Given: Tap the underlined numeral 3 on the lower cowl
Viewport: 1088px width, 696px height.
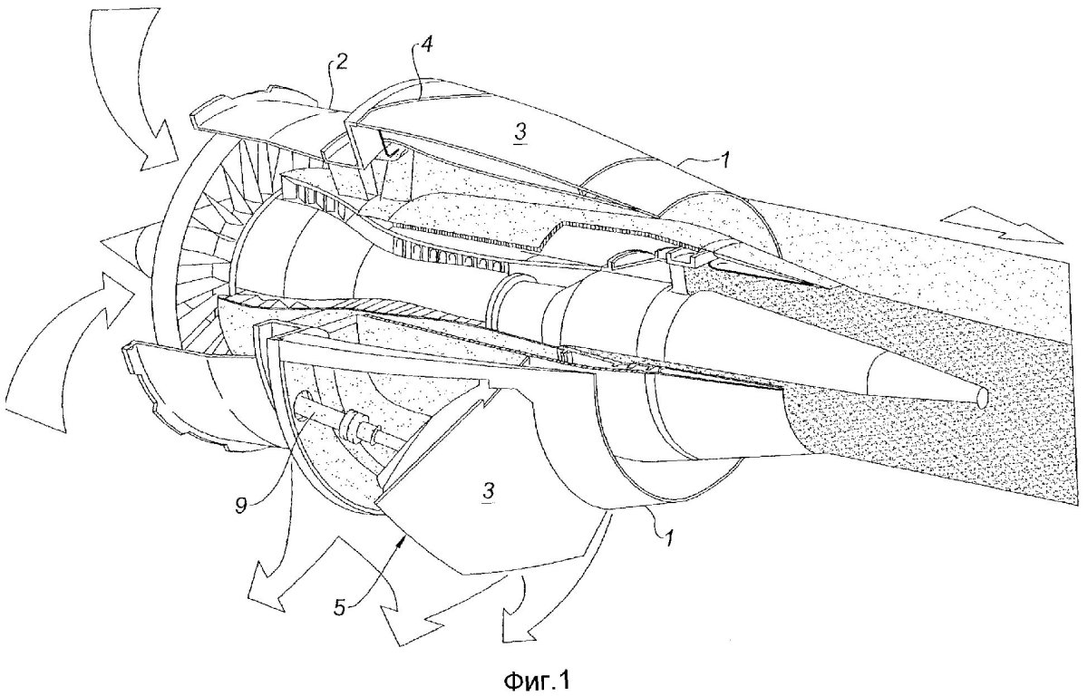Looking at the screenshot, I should [489, 490].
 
